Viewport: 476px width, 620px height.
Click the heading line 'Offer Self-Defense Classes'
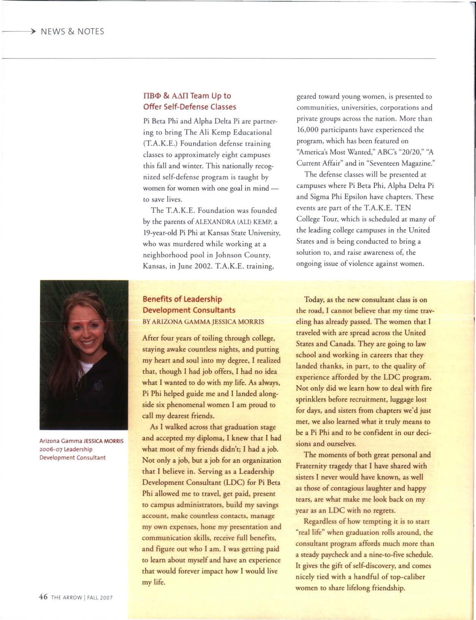(x=189, y=107)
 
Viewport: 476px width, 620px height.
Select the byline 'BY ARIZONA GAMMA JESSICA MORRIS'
(x=203, y=321)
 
